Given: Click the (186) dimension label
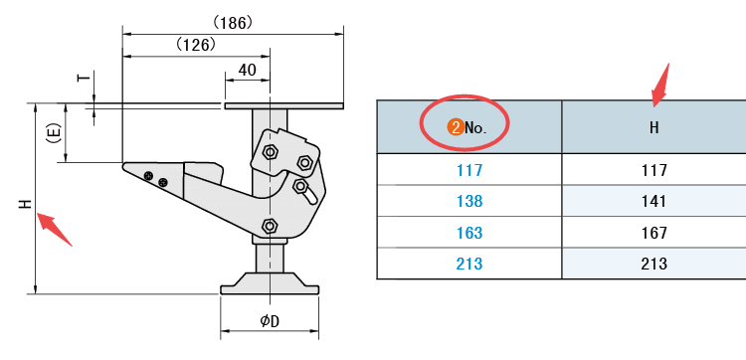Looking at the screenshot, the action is pos(233,23).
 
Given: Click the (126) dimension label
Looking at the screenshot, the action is pos(197,45).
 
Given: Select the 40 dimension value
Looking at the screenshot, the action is pos(247,70).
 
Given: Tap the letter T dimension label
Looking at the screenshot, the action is pos(84,77).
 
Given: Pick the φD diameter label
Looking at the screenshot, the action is pos(270,321).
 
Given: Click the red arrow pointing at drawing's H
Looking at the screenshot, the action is pos(55,229).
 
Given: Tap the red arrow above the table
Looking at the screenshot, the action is pos(660,85).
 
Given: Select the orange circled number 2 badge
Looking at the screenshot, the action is pos(457,127).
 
